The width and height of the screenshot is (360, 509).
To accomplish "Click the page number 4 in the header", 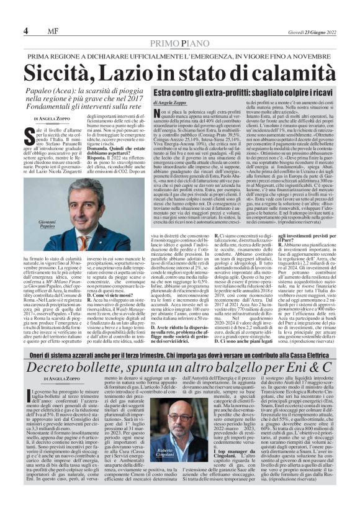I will point(25,30).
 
